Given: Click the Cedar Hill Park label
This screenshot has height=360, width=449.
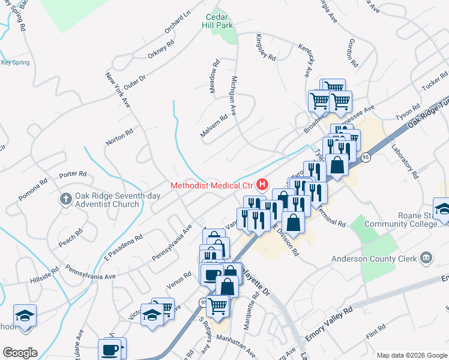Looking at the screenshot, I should coord(218,21).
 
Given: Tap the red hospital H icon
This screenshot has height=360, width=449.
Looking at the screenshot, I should coord(262,185).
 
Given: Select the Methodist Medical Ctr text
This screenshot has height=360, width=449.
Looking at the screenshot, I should coord(212,185).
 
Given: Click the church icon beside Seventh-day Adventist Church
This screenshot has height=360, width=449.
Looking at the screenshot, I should coord(67,198).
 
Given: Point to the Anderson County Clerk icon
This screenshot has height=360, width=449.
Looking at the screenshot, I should coord(426,259).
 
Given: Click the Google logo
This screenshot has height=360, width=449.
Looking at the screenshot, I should coord(19,353).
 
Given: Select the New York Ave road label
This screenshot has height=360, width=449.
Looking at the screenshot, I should coord(118,85).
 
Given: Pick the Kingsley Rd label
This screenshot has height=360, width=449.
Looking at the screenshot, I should coord(266,47).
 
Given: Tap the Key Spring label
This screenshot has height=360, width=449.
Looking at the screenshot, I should coord(15,62).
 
